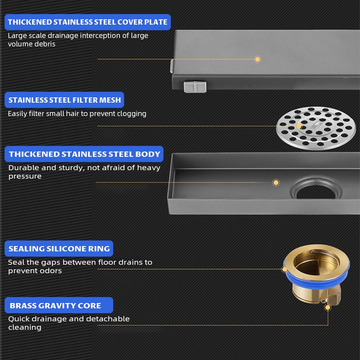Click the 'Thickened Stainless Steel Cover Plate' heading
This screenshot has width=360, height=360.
point(88,22)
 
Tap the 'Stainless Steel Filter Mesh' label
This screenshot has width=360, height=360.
point(64,100)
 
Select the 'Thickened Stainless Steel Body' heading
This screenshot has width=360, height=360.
point(84,154)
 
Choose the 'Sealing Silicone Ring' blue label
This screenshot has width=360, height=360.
point(59,249)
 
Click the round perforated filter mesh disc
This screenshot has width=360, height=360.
point(316,128)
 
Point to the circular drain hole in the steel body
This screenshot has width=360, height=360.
point(316,192)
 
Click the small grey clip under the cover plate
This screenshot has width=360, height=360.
point(195,86)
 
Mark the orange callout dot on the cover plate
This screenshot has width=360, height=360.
point(257,59)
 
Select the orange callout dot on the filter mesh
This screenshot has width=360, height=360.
point(299,126)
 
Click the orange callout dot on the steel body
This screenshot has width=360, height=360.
point(276,182)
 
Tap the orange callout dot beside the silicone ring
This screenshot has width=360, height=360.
point(284,269)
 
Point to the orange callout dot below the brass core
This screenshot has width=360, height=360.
point(328,307)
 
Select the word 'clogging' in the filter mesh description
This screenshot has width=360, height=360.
point(132,114)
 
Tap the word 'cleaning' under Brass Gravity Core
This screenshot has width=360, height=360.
point(25,327)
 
